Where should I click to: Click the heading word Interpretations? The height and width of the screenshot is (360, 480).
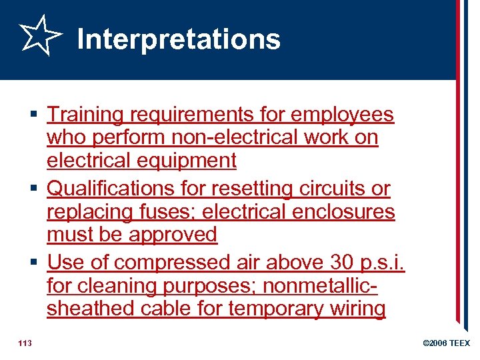179,39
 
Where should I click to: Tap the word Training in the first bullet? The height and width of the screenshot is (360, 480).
85,115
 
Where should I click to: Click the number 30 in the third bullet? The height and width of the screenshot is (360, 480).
337,263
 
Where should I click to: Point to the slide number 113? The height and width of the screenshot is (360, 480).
26,343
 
